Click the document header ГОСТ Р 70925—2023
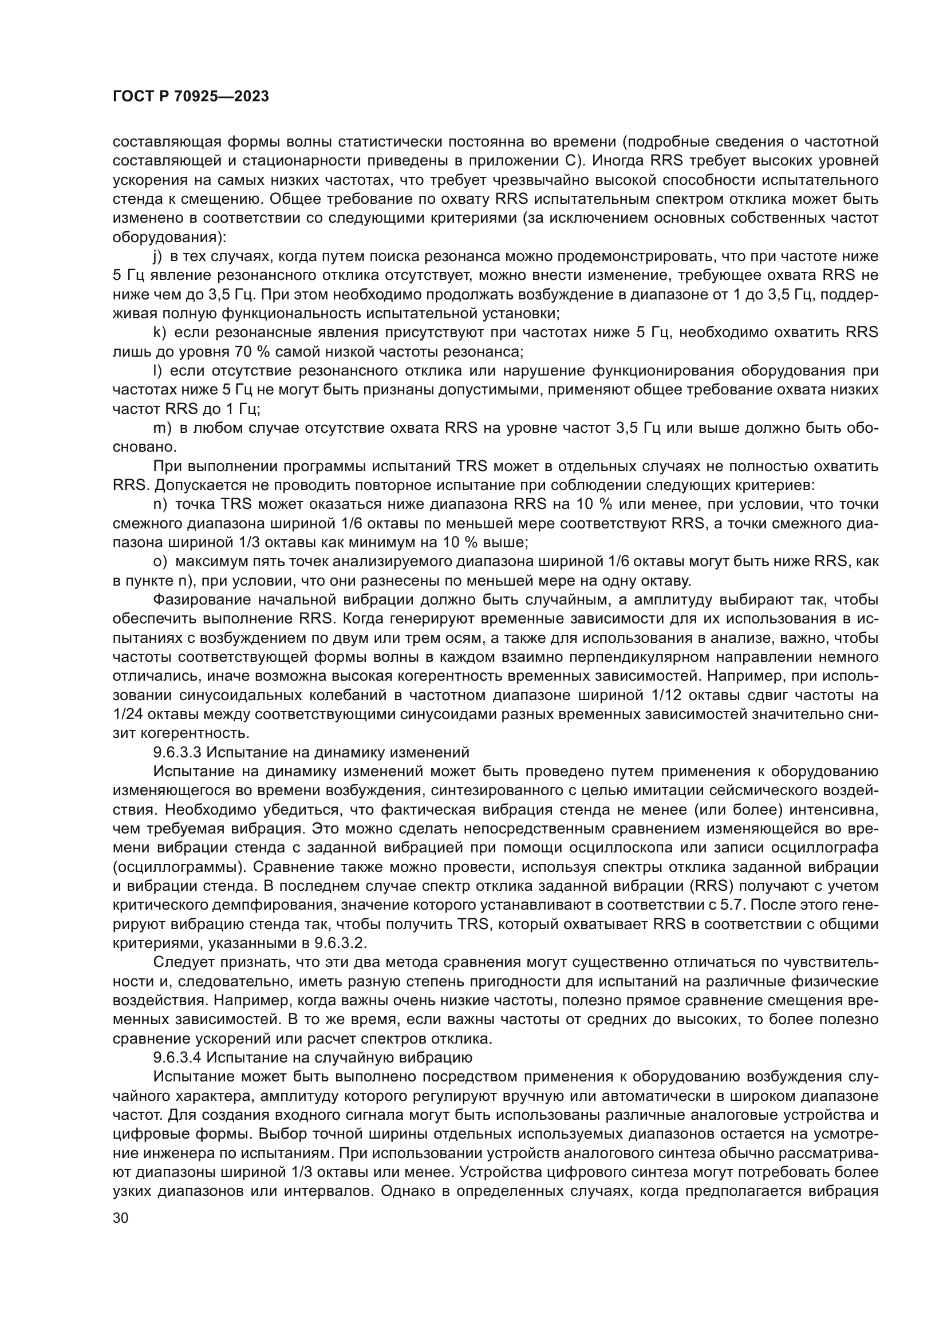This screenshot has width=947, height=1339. pos(190,97)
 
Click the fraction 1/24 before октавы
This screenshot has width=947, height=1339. pos(128,714)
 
